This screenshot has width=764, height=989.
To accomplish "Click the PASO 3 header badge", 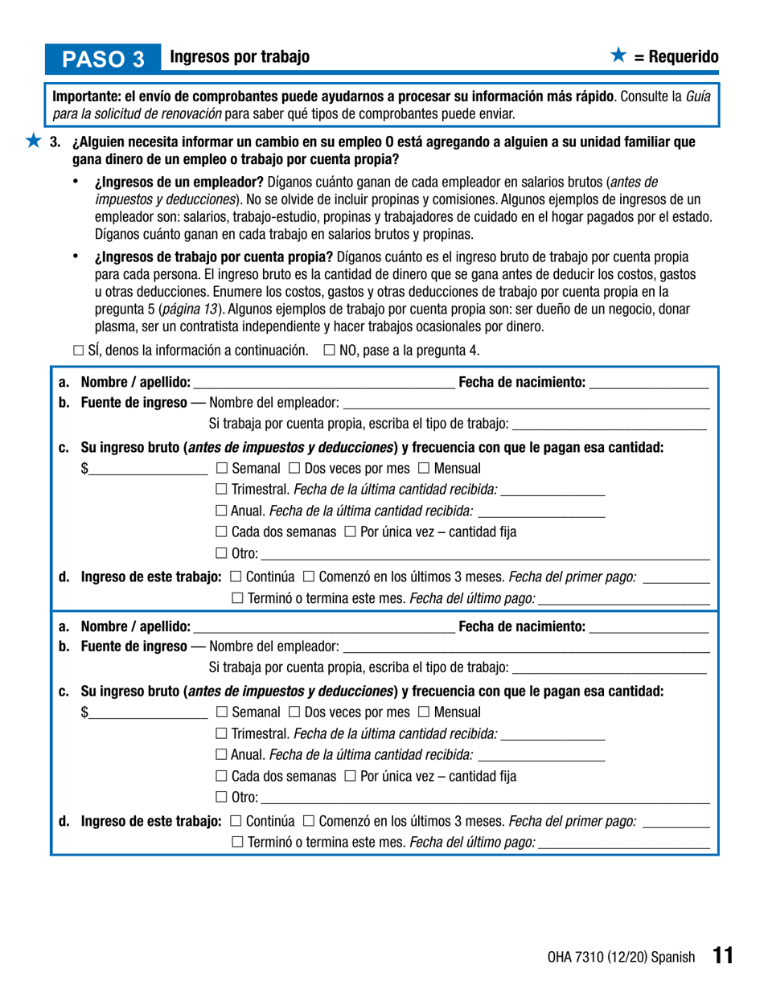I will [104, 58].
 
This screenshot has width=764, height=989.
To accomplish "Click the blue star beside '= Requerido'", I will [618, 55].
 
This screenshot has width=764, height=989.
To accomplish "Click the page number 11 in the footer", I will [722, 955].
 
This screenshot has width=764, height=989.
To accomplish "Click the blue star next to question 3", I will [32, 142].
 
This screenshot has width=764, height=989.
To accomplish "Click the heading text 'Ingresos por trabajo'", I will [240, 57].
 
